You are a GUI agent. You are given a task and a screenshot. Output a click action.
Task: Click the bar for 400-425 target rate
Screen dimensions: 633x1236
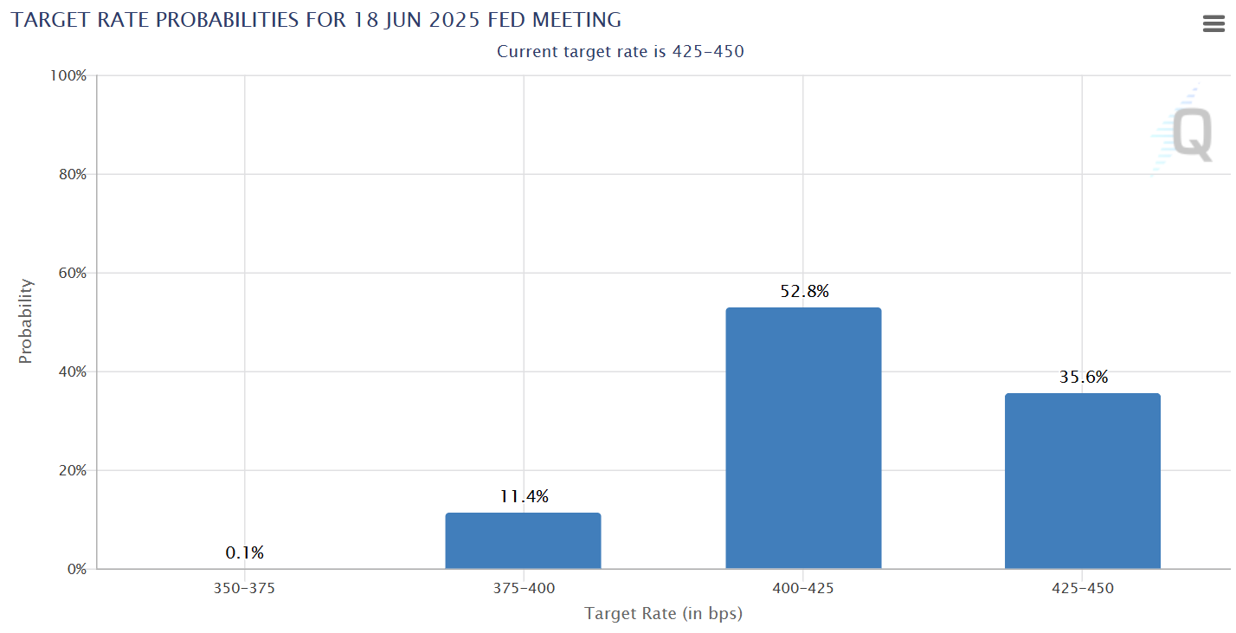pyautogui.click(x=802, y=438)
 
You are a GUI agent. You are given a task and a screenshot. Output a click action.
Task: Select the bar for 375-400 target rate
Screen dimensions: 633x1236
pyautogui.click(x=523, y=540)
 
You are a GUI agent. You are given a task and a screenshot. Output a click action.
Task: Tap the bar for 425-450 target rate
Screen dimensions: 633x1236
pyautogui.click(x=1082, y=481)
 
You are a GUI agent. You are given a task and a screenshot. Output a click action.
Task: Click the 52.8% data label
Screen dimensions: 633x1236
pyautogui.click(x=804, y=292)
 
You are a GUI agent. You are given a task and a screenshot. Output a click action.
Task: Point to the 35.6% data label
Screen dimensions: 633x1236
pyautogui.click(x=1083, y=378)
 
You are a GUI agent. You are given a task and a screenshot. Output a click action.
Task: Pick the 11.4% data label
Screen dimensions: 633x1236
pyautogui.click(x=524, y=497)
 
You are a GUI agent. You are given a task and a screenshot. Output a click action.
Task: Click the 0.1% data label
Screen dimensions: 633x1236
pyautogui.click(x=244, y=552)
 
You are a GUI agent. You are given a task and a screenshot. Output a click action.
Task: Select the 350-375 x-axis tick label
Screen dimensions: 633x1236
pyautogui.click(x=244, y=589)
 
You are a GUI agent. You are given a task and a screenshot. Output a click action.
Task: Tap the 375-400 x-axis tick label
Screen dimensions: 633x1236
pyautogui.click(x=524, y=589)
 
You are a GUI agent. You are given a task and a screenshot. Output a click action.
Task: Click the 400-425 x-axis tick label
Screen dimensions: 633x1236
pyautogui.click(x=803, y=589)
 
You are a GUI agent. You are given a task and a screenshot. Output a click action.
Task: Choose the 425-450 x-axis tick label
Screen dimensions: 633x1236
pyautogui.click(x=1083, y=589)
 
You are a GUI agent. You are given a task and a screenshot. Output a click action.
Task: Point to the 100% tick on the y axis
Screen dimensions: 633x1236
pyautogui.click(x=68, y=76)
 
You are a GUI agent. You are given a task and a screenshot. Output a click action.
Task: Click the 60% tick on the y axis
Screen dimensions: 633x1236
pyautogui.click(x=71, y=274)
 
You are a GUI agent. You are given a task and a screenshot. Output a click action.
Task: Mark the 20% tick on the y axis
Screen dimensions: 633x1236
pyautogui.click(x=71, y=471)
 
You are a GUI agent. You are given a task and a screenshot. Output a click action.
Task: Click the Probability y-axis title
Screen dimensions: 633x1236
pyautogui.click(x=26, y=321)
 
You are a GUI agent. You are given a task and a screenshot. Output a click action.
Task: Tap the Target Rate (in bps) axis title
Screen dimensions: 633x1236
pyautogui.click(x=663, y=614)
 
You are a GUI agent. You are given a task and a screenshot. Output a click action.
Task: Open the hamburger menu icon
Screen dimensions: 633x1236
pyautogui.click(x=1213, y=24)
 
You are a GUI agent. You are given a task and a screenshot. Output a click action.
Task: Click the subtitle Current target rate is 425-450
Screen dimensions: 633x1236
pyautogui.click(x=620, y=52)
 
